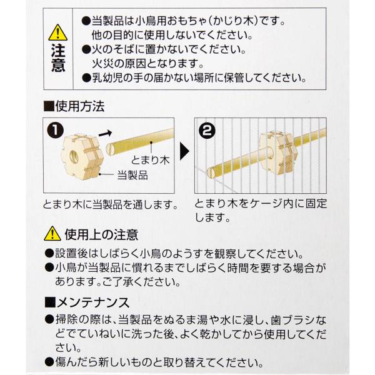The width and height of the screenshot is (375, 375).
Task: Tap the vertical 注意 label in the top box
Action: (58, 57)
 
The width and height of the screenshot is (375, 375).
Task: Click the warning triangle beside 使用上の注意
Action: (52, 234)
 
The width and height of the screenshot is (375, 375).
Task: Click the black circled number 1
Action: (55, 131)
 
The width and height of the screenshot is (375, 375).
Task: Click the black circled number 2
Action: (207, 131)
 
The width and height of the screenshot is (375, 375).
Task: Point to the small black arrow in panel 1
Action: (105, 133)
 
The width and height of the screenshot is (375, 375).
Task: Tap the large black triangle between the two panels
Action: (184, 151)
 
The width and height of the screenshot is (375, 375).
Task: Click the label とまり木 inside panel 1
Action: (150, 160)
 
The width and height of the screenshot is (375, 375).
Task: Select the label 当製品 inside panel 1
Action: (132, 175)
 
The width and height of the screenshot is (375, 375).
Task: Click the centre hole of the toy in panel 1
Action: (75, 157)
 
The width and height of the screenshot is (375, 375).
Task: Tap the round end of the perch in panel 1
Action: (110, 149)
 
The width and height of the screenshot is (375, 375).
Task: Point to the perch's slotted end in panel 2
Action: (211, 172)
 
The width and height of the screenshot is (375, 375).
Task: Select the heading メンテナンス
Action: (93, 302)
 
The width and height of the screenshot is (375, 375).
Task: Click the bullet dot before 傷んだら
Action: (49, 362)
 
